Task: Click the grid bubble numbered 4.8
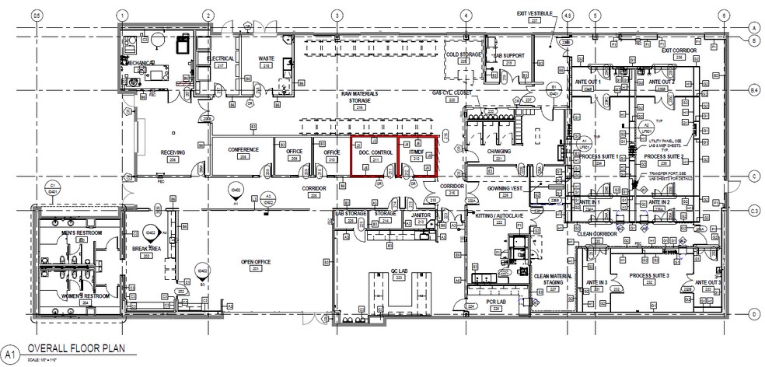click(568, 15)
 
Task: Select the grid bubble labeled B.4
click(753, 91)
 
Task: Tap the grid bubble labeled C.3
click(753, 211)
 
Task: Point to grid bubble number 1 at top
click(121, 15)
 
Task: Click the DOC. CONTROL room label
click(376, 154)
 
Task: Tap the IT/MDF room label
click(414, 154)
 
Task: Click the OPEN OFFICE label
click(256, 262)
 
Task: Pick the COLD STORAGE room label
click(460, 55)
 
